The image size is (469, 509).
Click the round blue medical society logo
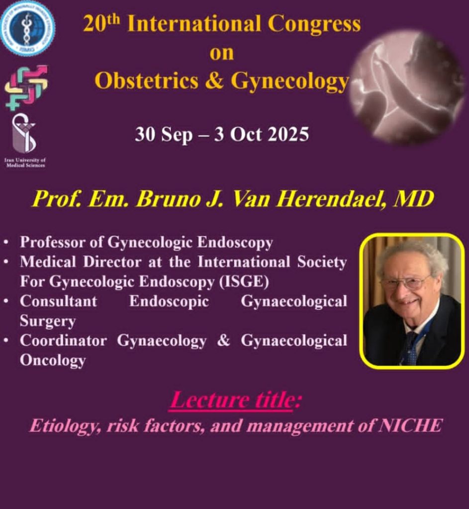[27, 28]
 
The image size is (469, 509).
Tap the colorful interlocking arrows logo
[26, 87]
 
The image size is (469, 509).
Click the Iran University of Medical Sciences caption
[25, 163]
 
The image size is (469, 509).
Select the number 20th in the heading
[101, 23]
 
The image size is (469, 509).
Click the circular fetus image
[408, 87]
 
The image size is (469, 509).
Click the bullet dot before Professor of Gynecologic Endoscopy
[6, 242]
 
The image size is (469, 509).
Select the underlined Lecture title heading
[235, 400]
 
